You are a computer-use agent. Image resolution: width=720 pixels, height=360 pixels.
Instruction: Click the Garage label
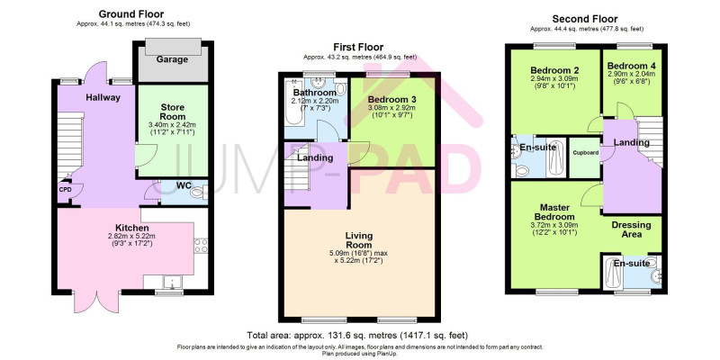pyautogui.click(x=172, y=59)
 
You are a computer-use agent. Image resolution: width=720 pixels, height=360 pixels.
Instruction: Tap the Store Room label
pyautogui.click(x=172, y=112)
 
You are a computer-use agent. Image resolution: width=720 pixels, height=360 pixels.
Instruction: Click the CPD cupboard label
pyautogui.click(x=64, y=189)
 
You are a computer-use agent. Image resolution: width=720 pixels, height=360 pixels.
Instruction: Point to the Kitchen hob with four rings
pyautogui.click(x=201, y=246)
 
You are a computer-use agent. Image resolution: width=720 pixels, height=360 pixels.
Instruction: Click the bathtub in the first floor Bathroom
pyautogui.click(x=293, y=103)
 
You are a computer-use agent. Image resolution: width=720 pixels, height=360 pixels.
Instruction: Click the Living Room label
pyautogui.click(x=359, y=240)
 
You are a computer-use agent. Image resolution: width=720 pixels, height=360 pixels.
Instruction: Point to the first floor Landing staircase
pyautogui.click(x=297, y=167)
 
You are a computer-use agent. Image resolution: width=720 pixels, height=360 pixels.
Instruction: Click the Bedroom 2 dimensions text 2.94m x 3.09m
pyautogui.click(x=554, y=78)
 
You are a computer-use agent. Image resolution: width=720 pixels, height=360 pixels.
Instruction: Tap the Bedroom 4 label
pyautogui.click(x=632, y=65)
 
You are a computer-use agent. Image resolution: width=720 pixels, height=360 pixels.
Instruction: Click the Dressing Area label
pyautogui.click(x=631, y=229)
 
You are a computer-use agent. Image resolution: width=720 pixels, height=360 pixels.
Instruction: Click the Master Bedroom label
pyautogui.click(x=557, y=212)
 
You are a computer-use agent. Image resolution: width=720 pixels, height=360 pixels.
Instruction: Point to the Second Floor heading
pyautogui.click(x=585, y=19)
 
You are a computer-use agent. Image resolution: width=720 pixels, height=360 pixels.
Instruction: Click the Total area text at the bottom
pyautogui.click(x=357, y=335)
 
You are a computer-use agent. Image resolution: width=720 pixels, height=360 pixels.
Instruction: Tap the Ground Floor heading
pyautogui.click(x=131, y=14)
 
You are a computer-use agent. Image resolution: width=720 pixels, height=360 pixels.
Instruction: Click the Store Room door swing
pyautogui.click(x=147, y=155)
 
